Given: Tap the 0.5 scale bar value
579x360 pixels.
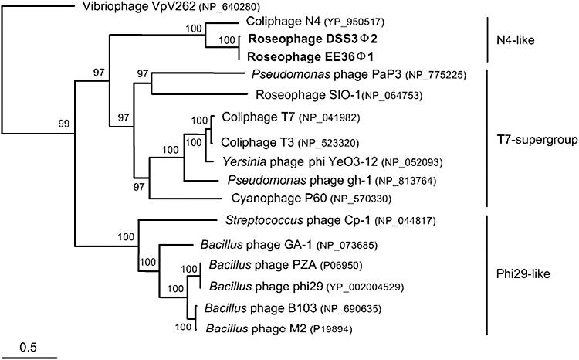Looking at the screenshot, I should click(29, 345).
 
